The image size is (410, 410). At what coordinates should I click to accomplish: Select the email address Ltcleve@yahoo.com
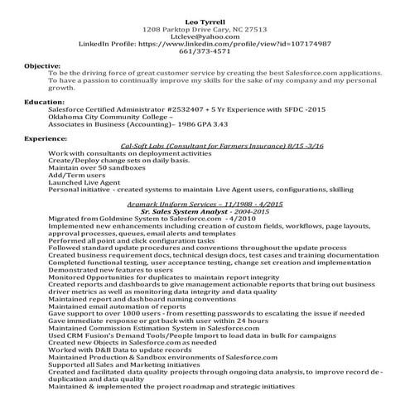tap(205, 36)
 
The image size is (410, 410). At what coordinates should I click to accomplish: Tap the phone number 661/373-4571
tap(205, 55)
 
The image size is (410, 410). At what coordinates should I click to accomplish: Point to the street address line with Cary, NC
tap(205, 27)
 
